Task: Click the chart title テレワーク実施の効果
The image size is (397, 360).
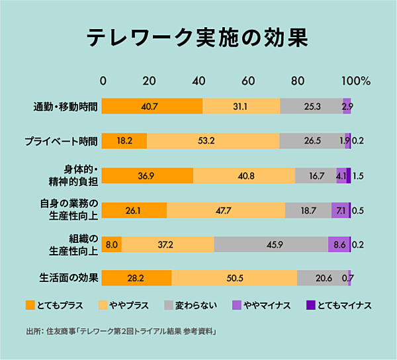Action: click(198, 38)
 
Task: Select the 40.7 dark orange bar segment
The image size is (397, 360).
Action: click(153, 106)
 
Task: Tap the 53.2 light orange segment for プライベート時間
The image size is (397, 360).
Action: click(213, 141)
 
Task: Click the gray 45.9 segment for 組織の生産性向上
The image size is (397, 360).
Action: click(271, 244)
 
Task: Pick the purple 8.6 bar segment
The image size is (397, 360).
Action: click(339, 244)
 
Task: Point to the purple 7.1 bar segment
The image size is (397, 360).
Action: click(340, 210)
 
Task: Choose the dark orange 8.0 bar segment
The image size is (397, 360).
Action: click(112, 244)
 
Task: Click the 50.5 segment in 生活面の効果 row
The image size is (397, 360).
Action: click(234, 278)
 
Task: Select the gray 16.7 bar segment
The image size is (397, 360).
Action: click(316, 175)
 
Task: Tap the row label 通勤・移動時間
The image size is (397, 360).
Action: click(66, 106)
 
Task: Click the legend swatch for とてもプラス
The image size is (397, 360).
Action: click(30, 305)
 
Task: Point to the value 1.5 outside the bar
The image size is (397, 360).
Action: click(359, 175)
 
